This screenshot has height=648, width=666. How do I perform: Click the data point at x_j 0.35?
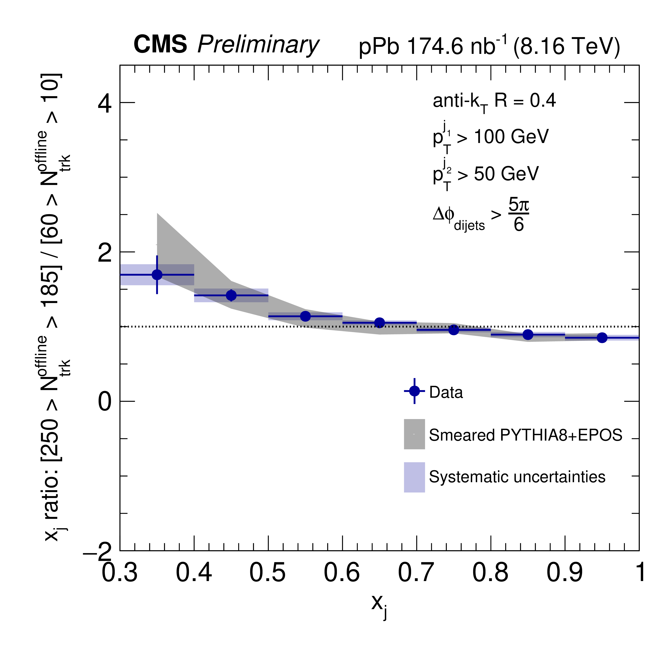click(157, 275)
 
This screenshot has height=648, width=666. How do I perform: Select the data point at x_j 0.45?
click(231, 295)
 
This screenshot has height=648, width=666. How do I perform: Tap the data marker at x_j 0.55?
click(305, 316)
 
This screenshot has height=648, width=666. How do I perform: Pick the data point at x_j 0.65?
click(380, 323)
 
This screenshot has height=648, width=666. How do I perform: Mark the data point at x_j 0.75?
click(454, 330)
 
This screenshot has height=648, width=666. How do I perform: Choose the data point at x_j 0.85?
click(528, 335)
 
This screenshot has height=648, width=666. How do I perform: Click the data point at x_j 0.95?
click(602, 338)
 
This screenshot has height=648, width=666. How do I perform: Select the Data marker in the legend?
click(414, 391)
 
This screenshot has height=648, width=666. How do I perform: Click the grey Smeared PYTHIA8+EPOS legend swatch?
click(414, 434)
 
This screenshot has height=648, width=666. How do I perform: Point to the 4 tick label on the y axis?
click(105, 103)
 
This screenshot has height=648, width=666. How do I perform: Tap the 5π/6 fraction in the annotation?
click(518, 215)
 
